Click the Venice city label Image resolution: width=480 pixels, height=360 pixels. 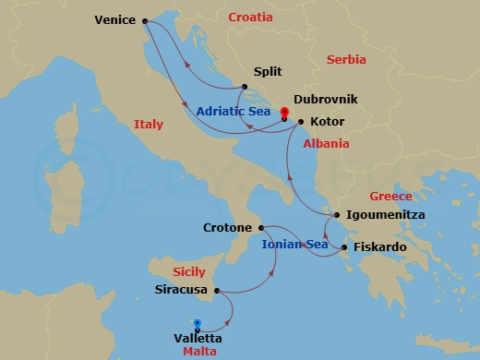[x=115, y=20]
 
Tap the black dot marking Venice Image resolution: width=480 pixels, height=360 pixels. [x=145, y=20]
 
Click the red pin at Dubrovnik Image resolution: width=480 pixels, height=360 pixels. [x=283, y=114]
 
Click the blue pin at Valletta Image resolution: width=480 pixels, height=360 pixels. [x=198, y=324]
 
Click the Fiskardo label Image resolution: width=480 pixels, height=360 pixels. [x=378, y=247]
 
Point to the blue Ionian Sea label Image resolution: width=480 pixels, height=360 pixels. [x=295, y=245]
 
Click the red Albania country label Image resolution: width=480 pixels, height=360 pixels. [x=327, y=144]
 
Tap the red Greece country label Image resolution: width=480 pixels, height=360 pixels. [x=391, y=197]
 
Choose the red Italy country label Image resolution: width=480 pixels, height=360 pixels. [x=148, y=124]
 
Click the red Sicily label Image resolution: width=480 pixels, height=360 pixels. [x=190, y=272]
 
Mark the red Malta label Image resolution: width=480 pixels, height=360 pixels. [x=201, y=352]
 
